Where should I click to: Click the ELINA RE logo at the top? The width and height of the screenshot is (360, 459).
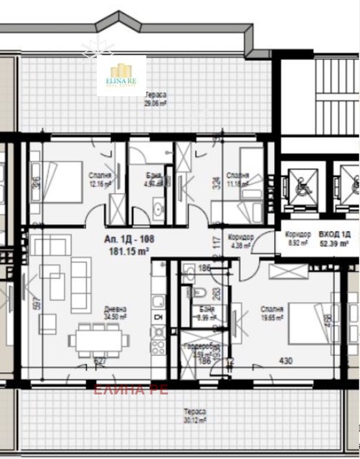pos(121,75)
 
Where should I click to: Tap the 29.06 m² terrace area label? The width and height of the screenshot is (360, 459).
pos(156,98)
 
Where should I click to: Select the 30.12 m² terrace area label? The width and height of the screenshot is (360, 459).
pos(194,416)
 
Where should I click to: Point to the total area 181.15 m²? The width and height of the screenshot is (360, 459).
pos(129,252)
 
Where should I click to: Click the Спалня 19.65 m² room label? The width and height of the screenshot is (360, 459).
pos(272,313)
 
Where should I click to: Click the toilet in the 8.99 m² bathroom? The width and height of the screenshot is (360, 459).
pos(202,292)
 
